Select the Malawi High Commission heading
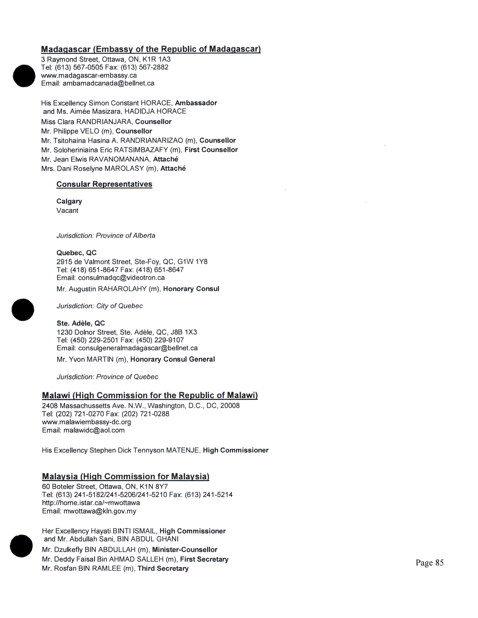point(150,395)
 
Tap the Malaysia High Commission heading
point(125,477)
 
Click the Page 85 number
point(429,563)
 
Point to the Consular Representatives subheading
point(104,184)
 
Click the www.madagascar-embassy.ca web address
point(89,75)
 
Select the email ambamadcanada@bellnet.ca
point(109,83)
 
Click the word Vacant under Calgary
point(67,210)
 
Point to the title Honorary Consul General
point(172,359)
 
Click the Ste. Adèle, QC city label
point(81,323)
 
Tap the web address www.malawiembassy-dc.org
point(86,422)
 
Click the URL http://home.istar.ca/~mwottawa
point(91,503)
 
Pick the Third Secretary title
point(163,569)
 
